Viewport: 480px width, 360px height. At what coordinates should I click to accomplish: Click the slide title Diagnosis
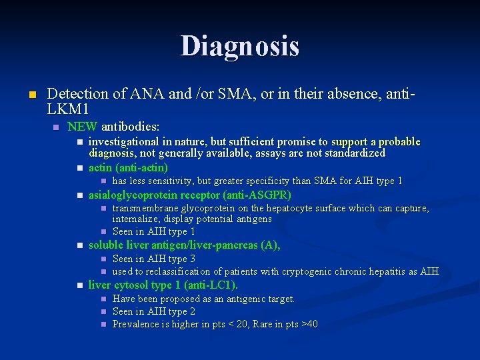click(x=240, y=47)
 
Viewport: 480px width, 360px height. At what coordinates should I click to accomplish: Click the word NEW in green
click(x=83, y=126)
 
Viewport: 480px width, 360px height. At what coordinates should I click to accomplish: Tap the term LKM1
click(x=68, y=107)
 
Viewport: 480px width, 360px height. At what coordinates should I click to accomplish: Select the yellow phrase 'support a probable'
click(x=376, y=141)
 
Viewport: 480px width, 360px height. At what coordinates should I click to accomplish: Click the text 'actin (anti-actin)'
click(x=128, y=167)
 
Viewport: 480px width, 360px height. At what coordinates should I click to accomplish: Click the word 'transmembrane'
click(x=144, y=208)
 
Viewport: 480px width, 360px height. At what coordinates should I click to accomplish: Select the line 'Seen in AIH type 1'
click(x=153, y=231)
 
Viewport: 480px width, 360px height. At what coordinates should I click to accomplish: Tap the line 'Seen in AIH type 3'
click(x=153, y=259)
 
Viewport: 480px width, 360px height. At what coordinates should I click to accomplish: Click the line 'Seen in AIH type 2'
click(x=153, y=311)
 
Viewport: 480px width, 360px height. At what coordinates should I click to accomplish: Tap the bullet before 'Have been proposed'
click(x=103, y=299)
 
